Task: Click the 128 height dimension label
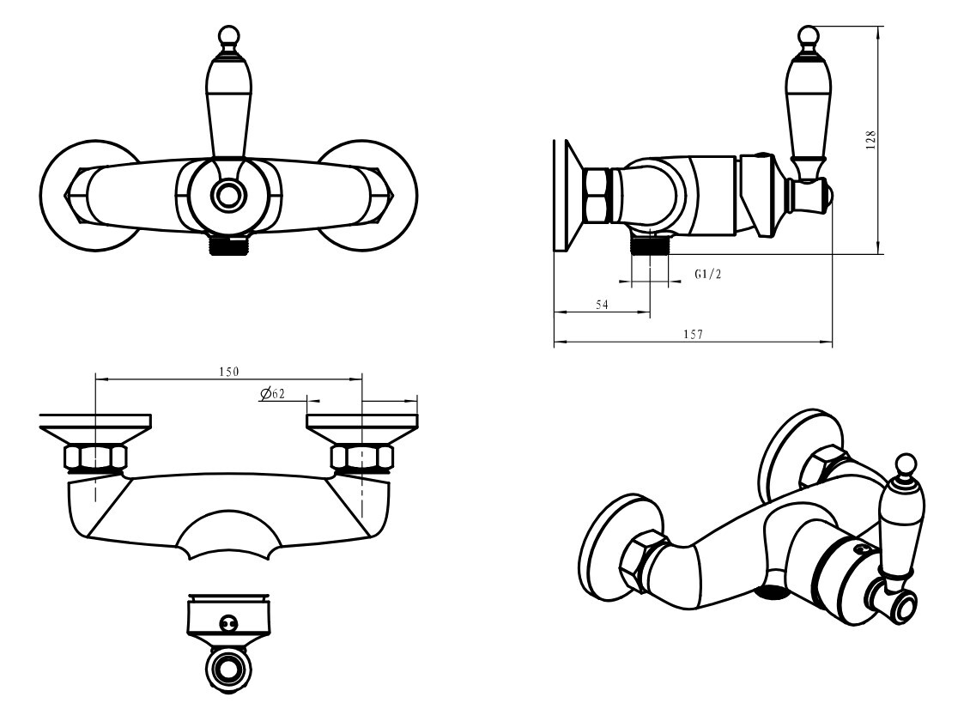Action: click(x=871, y=140)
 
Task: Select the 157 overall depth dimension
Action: click(x=693, y=334)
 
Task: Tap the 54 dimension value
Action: click(x=602, y=305)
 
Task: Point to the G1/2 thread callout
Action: click(x=707, y=274)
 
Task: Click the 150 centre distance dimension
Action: click(x=228, y=372)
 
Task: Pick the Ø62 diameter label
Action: click(x=273, y=394)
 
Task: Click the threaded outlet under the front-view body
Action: click(x=229, y=246)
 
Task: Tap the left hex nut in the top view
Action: click(x=96, y=458)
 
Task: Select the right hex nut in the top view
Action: click(x=362, y=458)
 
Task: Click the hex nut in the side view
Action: click(x=596, y=196)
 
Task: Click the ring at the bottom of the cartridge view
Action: click(x=229, y=669)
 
